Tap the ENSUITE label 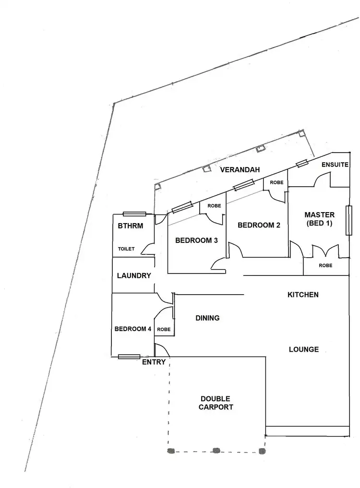[335, 165]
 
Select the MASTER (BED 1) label [320, 219]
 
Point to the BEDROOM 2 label [259, 225]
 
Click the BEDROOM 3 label [193, 240]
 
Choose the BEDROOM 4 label [133, 329]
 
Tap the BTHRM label [130, 226]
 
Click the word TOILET [127, 249]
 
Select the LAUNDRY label [134, 276]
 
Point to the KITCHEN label [303, 295]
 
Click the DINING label [207, 318]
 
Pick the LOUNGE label [304, 349]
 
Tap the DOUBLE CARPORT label [216, 403]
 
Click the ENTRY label [154, 362]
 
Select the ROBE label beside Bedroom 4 [164, 330]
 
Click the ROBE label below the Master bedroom [325, 265]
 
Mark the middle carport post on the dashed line [216, 451]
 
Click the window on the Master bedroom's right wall [349, 221]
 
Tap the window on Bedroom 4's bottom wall [129, 357]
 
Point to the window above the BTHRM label [134, 214]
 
